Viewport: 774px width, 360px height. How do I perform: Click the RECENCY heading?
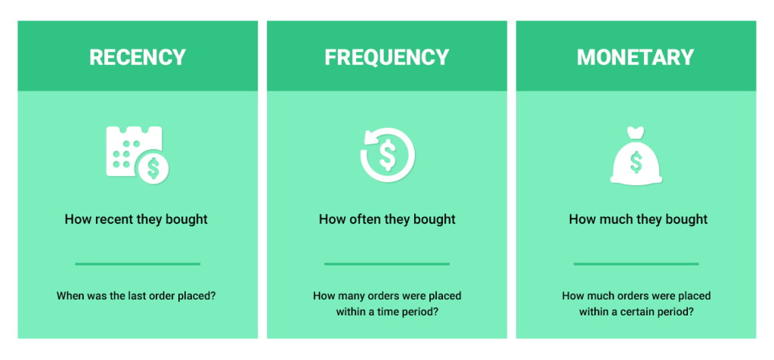(x=137, y=57)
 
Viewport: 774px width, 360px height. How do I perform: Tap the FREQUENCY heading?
(x=386, y=57)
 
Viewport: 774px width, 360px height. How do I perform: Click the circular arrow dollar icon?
(x=387, y=155)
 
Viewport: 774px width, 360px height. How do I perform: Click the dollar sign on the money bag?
(x=636, y=162)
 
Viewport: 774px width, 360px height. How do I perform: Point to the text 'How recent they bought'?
(x=136, y=219)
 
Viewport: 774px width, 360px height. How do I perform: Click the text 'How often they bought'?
(x=387, y=219)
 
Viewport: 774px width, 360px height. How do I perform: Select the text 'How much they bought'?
(x=638, y=219)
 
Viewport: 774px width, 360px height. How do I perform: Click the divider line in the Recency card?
(x=138, y=264)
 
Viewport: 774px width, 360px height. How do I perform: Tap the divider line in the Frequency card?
(x=387, y=264)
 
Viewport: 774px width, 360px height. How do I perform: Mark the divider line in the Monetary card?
(x=636, y=264)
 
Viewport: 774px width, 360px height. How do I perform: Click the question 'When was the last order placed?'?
(x=136, y=296)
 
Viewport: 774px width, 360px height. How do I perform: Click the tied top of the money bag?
(x=636, y=133)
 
